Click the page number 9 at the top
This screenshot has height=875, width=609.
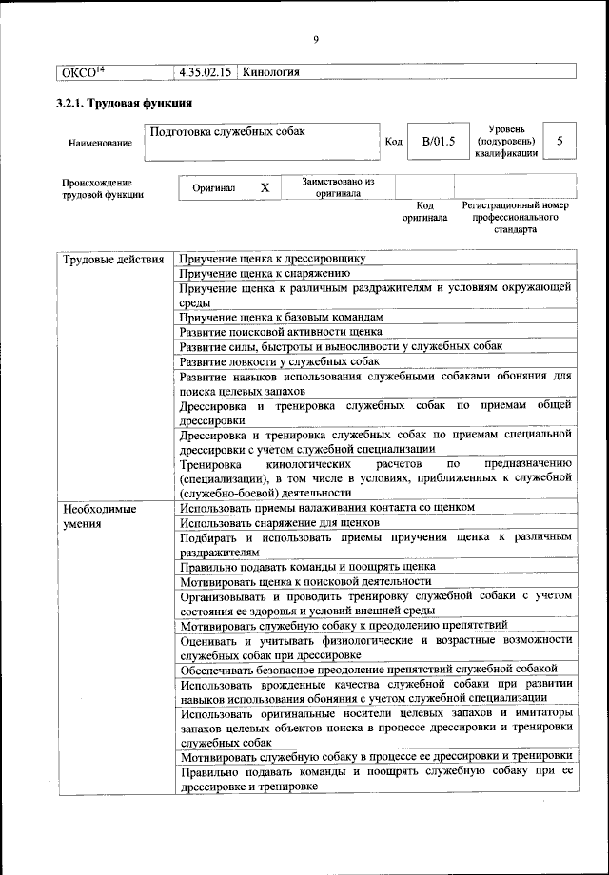click(315, 38)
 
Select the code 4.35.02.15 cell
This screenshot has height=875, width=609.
click(205, 72)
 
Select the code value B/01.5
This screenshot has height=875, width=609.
click(439, 142)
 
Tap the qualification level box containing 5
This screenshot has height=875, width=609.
click(560, 142)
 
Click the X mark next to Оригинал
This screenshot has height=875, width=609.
click(265, 188)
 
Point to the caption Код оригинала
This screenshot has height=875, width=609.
click(424, 211)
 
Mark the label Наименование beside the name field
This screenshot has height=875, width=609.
click(100, 143)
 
